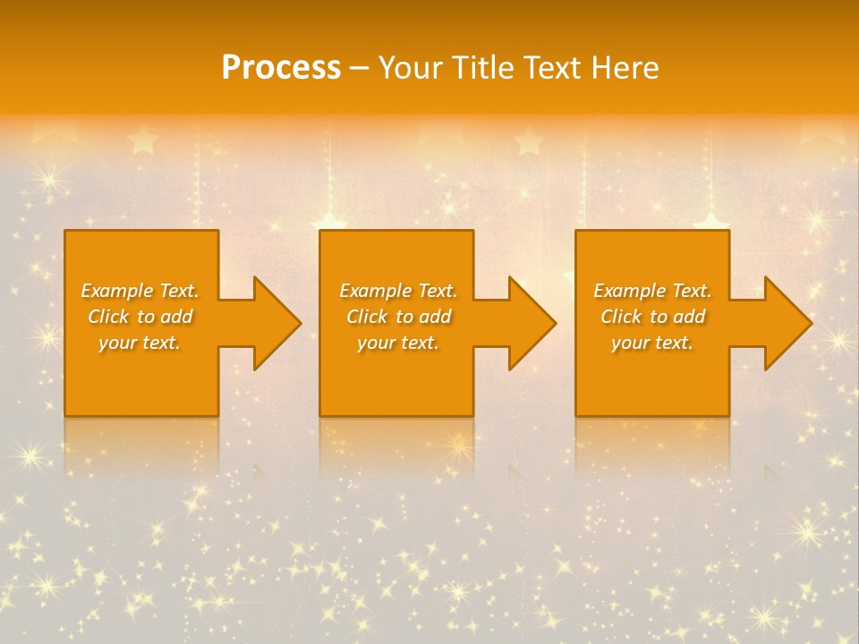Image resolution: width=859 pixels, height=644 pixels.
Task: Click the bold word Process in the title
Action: click(x=281, y=68)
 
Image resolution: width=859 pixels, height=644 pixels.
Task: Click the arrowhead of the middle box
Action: click(x=532, y=323)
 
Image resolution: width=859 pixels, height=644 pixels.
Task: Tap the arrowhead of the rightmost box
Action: click(x=787, y=323)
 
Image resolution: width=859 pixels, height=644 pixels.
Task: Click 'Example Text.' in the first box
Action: click(x=140, y=291)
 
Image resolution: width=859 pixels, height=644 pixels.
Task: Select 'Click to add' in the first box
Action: click(x=140, y=317)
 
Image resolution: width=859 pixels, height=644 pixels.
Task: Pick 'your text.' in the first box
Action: click(x=140, y=343)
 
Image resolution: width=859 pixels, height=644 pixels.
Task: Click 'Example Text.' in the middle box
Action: click(x=398, y=291)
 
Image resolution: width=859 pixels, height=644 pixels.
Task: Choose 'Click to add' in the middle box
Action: click(x=398, y=317)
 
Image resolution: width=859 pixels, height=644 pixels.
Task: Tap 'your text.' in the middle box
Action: click(x=398, y=343)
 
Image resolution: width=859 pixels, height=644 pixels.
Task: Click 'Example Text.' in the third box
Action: click(x=652, y=291)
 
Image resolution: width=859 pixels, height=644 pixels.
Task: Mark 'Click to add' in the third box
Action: click(x=652, y=317)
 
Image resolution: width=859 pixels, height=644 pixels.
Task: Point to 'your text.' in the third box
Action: click(x=652, y=343)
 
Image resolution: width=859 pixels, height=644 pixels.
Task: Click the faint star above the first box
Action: click(x=142, y=140)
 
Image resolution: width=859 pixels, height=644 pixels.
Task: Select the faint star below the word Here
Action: click(x=529, y=140)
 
